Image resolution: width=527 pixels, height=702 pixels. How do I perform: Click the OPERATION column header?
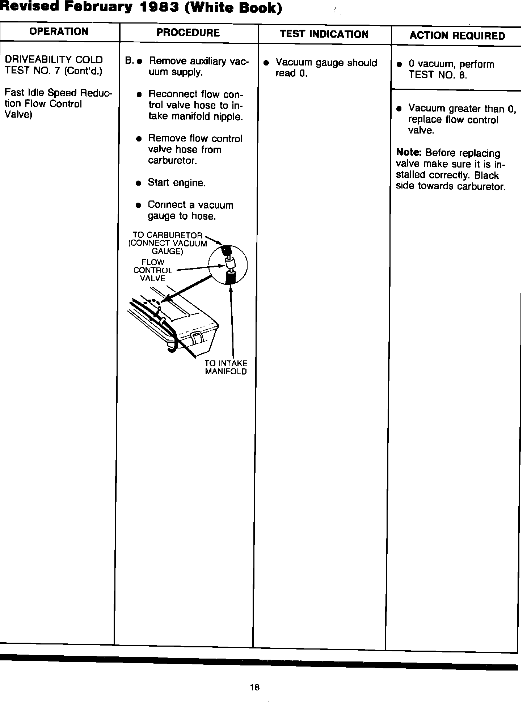point(59,32)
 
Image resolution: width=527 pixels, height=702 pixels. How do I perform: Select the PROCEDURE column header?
point(188,33)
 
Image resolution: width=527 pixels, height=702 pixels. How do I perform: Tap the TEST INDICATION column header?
point(324,34)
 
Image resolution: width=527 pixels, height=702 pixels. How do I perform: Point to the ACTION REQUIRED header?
point(457,36)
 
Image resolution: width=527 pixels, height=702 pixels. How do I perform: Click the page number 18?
point(254,687)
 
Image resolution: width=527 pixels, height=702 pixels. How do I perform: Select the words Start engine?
point(177,183)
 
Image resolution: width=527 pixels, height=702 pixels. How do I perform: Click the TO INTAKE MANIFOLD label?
point(226,367)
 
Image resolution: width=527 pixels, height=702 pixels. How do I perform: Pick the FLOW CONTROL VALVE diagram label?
point(153,270)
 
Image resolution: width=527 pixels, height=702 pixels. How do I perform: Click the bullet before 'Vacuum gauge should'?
point(266,63)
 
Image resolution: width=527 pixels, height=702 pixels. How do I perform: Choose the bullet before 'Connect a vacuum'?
point(138,205)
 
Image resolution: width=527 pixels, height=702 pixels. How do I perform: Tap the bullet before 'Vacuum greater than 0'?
point(399,109)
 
